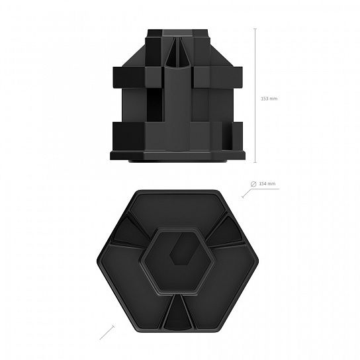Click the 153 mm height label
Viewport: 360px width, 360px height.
269,99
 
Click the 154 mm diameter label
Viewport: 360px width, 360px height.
267,184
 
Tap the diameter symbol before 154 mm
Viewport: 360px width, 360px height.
253,184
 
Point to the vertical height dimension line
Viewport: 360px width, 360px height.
255,95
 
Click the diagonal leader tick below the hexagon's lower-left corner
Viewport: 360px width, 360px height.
107,332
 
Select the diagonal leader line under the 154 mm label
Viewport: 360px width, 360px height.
247,193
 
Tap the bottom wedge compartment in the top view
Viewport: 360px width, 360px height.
176,312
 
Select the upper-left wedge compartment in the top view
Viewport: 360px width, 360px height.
130,232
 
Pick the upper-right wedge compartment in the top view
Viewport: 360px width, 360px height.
226,231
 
